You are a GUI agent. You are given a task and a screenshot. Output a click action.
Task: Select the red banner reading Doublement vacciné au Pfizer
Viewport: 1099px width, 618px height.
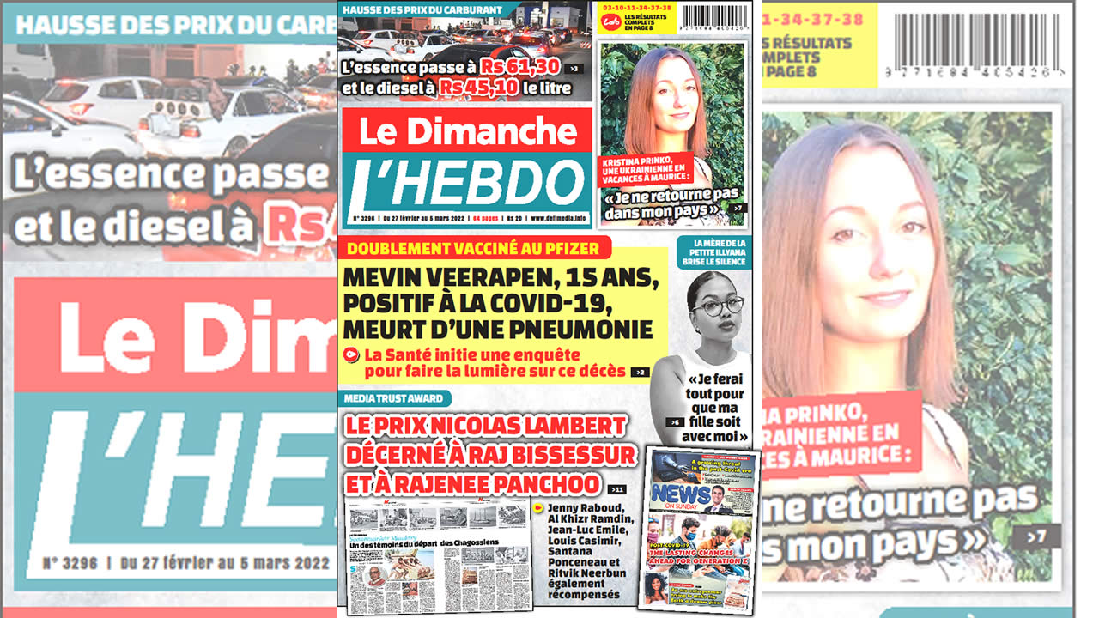tap(474, 249)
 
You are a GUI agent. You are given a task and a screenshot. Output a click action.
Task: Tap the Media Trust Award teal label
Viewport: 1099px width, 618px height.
tap(395, 398)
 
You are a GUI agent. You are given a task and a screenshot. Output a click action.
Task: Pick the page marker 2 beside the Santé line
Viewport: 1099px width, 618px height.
tap(640, 373)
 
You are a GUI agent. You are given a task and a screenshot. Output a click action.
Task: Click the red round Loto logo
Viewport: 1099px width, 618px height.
tap(610, 17)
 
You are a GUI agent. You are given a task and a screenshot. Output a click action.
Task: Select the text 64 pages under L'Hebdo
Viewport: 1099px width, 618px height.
tap(486, 219)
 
